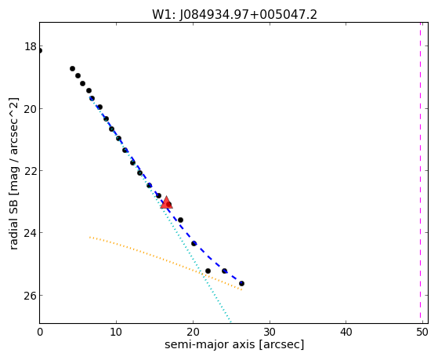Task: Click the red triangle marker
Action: (x=166, y=202)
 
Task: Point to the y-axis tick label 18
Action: (x=31, y=46)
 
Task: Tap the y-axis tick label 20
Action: (x=31, y=108)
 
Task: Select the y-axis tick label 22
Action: (x=31, y=171)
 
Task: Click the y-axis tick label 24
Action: (x=31, y=233)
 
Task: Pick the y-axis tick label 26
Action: (x=31, y=295)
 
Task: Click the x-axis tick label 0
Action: (x=40, y=332)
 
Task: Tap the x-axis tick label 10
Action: (x=116, y=332)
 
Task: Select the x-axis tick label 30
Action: (x=270, y=332)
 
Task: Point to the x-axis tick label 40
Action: (x=346, y=332)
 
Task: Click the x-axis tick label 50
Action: (x=422, y=332)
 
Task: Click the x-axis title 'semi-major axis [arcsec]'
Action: (x=234, y=344)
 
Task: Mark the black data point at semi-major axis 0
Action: (x=40, y=51)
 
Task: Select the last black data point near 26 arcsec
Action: (x=241, y=284)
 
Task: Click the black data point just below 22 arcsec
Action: (x=208, y=271)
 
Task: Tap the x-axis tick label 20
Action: (x=193, y=332)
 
